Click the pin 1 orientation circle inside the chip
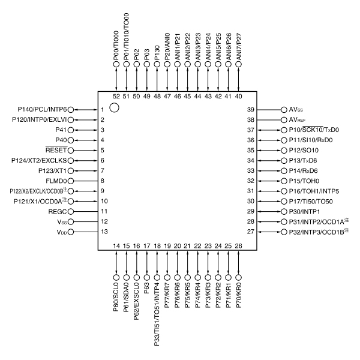[115, 108]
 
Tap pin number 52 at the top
[116, 96]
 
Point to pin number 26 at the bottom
[239, 246]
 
